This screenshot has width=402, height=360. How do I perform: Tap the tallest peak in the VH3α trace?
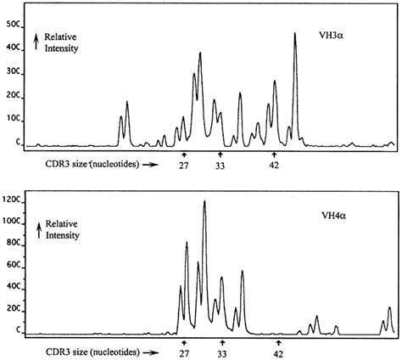(295, 36)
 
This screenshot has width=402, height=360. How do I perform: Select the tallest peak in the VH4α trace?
(204, 203)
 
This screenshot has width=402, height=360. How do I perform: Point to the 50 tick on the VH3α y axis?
(12, 25)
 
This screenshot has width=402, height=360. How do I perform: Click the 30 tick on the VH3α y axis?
(12, 73)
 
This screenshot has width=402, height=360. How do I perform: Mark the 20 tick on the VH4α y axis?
(12, 308)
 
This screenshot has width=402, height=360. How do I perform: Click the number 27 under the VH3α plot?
(184, 166)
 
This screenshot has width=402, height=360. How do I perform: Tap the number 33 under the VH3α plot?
(221, 166)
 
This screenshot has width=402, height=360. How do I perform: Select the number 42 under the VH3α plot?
(275, 166)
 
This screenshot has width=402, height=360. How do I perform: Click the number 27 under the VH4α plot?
(185, 351)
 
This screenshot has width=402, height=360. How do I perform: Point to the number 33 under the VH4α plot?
(222, 351)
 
